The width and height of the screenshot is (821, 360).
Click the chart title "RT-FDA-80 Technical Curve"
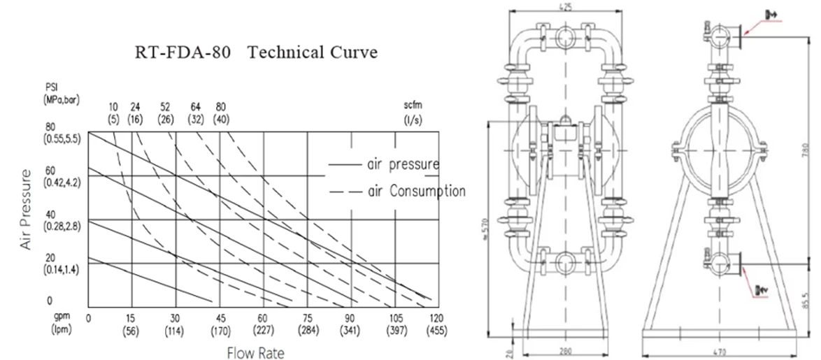click(x=255, y=53)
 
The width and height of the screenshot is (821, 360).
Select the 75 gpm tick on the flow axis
click(x=308, y=317)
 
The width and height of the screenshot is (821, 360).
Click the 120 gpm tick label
click(x=438, y=317)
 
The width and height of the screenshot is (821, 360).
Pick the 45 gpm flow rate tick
click(x=220, y=317)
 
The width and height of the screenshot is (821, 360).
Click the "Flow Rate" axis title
click(x=255, y=353)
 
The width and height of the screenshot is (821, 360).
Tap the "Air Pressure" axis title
click(x=26, y=210)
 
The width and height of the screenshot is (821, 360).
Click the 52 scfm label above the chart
click(x=166, y=107)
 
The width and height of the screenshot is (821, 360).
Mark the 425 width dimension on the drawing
click(x=566, y=8)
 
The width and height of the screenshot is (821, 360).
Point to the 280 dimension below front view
click(x=566, y=351)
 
